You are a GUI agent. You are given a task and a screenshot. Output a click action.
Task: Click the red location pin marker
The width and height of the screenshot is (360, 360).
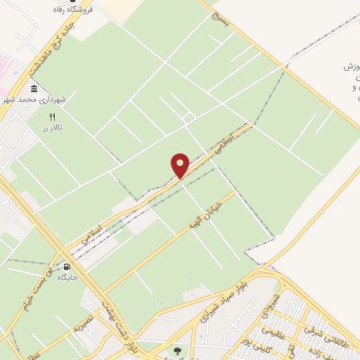click(180, 165)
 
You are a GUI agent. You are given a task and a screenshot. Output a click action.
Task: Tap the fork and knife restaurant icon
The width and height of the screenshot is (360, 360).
click(51, 116)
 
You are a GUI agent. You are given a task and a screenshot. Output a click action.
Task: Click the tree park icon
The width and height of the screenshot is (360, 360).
click(175, 349)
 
